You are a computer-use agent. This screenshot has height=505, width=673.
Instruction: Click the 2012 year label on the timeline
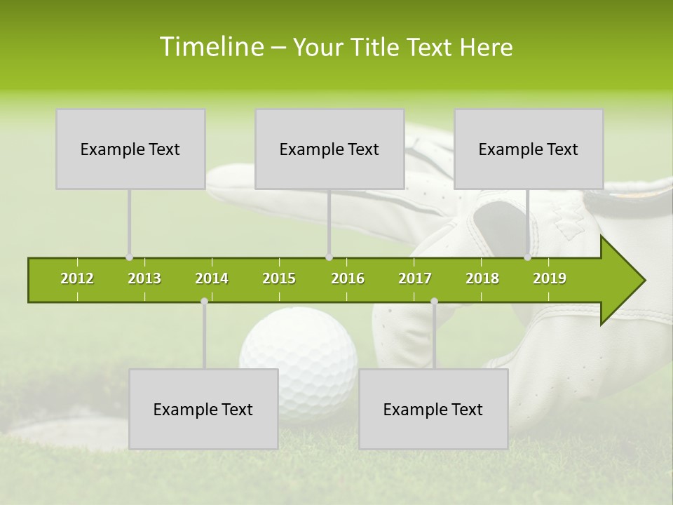coord(77,279)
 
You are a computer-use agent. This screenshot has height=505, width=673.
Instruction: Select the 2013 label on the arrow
coord(144,279)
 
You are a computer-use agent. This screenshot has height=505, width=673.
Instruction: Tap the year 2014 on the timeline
coord(212,279)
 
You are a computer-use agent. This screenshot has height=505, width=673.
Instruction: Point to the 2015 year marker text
coord(279,279)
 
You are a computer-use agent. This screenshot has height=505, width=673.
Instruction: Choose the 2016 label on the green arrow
coord(348,279)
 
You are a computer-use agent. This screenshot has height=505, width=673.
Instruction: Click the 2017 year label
coord(415,279)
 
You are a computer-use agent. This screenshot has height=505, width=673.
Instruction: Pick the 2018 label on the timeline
coord(482,279)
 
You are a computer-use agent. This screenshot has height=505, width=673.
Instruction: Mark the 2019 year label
coord(550,279)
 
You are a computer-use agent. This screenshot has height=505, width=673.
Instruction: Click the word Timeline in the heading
coord(211,47)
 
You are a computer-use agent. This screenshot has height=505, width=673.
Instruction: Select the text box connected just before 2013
coord(130,149)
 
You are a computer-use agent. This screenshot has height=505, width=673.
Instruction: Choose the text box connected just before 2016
coord(329,149)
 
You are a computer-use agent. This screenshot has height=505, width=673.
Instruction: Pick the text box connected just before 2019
coord(529,149)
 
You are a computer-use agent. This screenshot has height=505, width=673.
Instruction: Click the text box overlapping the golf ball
coord(203,409)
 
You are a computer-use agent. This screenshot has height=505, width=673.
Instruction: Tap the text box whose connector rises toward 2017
coord(433,409)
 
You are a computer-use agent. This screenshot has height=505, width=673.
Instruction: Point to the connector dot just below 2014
coord(204,302)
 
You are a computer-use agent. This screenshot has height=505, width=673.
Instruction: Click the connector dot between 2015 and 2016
coord(329,257)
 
